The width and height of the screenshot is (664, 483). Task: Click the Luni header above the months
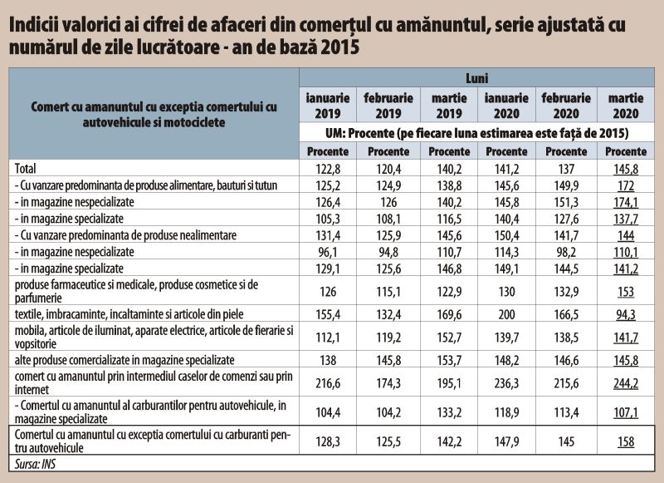[x=476, y=78]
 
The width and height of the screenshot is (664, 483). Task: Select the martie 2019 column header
[x=449, y=106]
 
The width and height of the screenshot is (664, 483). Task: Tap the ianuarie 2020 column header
[x=506, y=106]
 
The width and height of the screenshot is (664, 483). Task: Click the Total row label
[x=26, y=169]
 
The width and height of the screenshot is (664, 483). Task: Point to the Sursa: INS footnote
[x=35, y=464]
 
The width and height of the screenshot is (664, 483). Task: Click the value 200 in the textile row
[x=506, y=314]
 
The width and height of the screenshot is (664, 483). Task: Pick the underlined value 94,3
[x=626, y=314]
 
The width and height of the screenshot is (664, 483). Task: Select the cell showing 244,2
[x=626, y=383]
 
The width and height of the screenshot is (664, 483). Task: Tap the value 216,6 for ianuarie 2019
[x=328, y=383]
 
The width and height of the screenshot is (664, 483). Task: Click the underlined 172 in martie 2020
[x=626, y=185]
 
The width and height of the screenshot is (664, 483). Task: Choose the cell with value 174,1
[x=626, y=202]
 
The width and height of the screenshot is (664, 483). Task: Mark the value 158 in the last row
[x=626, y=441]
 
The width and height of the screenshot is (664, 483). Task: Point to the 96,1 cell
[x=328, y=252]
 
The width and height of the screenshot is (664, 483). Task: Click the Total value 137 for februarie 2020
[x=566, y=169]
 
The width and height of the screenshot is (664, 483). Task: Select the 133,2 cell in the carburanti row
[x=449, y=412]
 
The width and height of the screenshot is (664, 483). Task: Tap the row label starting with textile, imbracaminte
[x=129, y=314]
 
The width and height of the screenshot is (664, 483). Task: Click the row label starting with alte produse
[x=124, y=360]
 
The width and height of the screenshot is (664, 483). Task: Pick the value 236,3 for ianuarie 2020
[x=506, y=383]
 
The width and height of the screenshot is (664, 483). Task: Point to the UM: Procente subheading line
[x=476, y=133]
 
